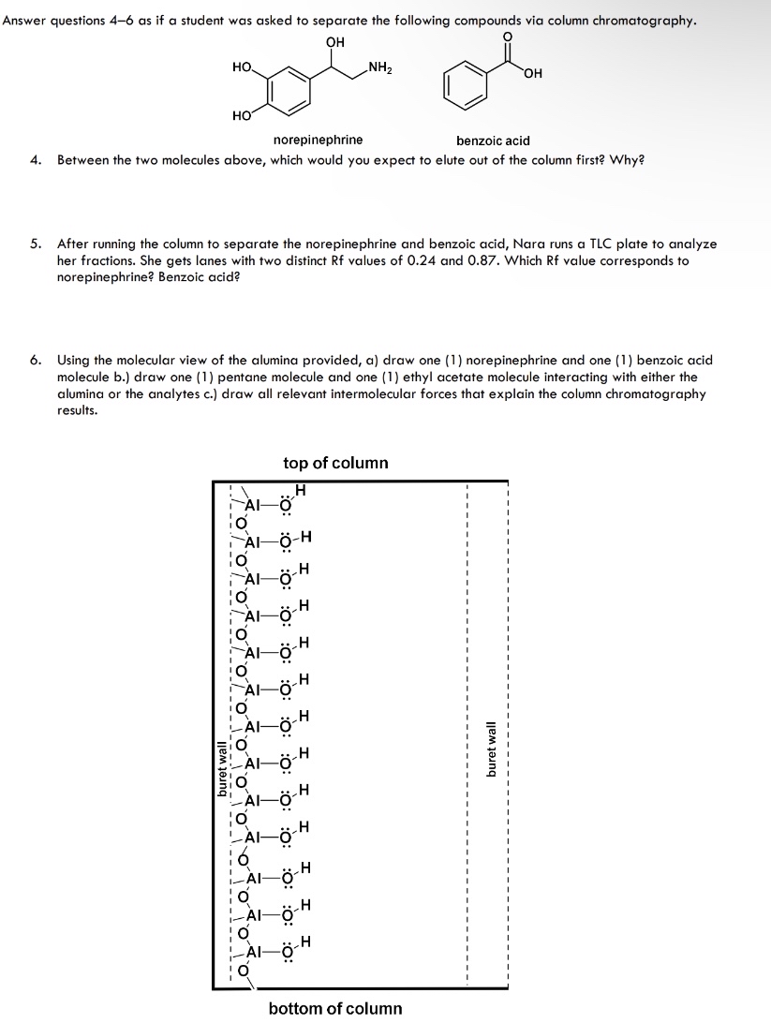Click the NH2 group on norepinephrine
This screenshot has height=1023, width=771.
(380, 67)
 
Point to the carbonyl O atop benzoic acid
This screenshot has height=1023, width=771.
(509, 37)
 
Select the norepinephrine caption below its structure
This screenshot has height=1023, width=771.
(318, 141)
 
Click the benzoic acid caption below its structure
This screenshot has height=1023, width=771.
(493, 141)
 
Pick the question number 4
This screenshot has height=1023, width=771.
(35, 159)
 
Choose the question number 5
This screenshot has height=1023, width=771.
(35, 244)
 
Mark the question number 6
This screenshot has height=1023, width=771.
(35, 360)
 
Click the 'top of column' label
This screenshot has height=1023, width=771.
(335, 463)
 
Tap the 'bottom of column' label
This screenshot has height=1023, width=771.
(335, 1008)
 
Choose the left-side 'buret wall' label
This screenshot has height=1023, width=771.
(222, 768)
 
